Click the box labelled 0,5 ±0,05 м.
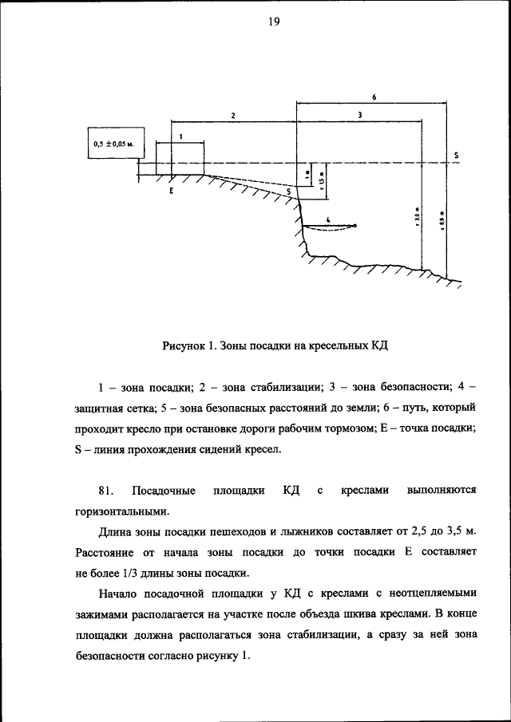(x=113, y=144)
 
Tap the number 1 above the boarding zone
(x=180, y=137)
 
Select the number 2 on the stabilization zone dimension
(x=232, y=116)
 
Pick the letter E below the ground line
(x=171, y=192)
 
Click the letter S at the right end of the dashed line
(x=455, y=155)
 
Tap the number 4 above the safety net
(x=327, y=218)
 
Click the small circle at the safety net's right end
(x=355, y=226)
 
